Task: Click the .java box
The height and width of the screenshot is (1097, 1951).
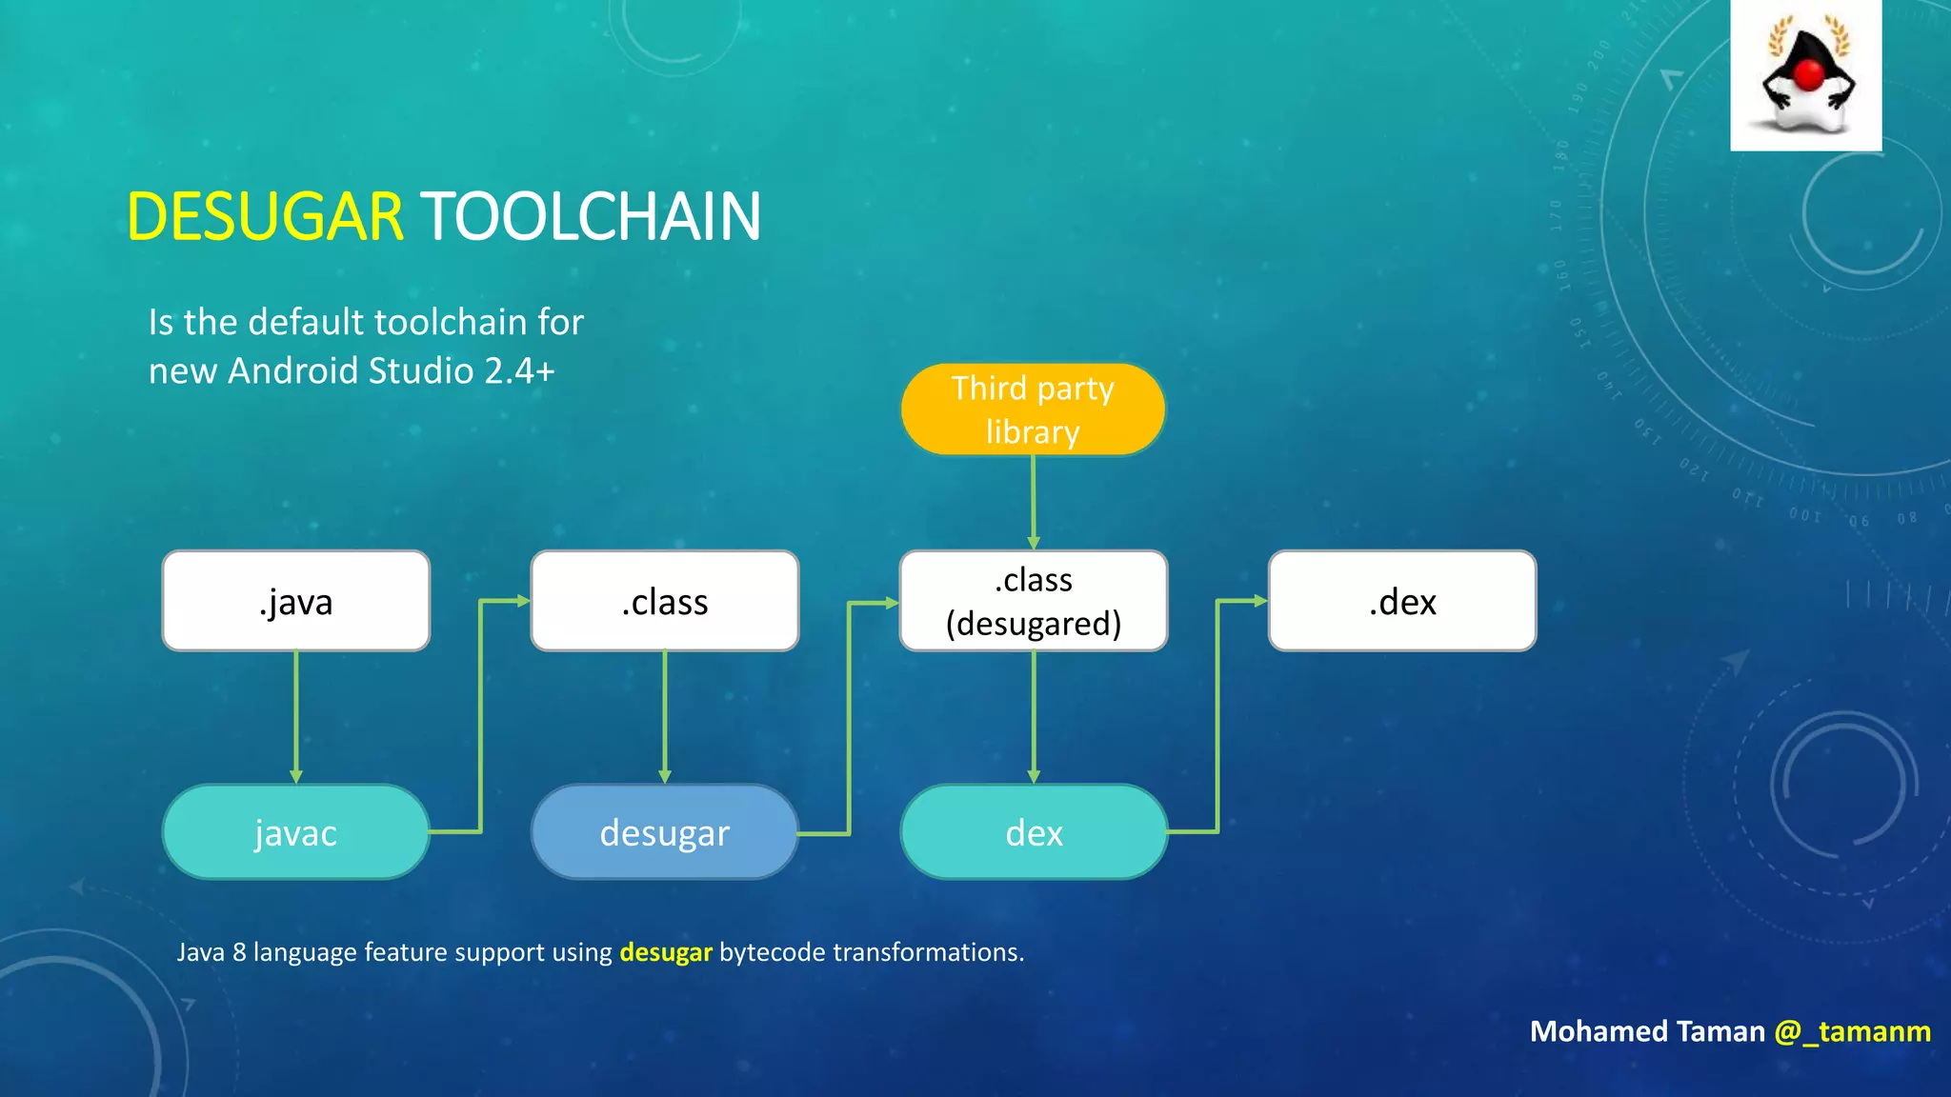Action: coord(295,601)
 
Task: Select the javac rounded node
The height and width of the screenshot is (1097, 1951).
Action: coord(295,832)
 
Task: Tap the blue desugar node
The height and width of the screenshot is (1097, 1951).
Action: coord(664,832)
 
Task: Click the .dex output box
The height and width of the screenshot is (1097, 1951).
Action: coord(1401,601)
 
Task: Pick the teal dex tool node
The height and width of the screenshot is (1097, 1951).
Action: coord(1034,832)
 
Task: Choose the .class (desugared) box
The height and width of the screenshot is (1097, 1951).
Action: coord(1034,601)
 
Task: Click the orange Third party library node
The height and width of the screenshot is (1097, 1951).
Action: coord(1033,409)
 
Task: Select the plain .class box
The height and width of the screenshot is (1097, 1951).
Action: coord(664,601)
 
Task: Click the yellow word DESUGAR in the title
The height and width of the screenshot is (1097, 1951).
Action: coord(265,217)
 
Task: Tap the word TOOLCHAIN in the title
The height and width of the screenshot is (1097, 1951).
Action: coord(591,217)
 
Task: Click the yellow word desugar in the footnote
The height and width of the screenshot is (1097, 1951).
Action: coord(665,952)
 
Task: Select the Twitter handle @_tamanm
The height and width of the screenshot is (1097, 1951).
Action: coord(1852,1031)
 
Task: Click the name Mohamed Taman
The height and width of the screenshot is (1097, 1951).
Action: coord(1647,1031)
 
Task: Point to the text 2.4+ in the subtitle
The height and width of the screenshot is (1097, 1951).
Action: coord(519,370)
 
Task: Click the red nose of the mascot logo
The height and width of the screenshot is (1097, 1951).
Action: coord(1808,74)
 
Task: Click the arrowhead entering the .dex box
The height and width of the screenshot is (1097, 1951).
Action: coord(1260,601)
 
